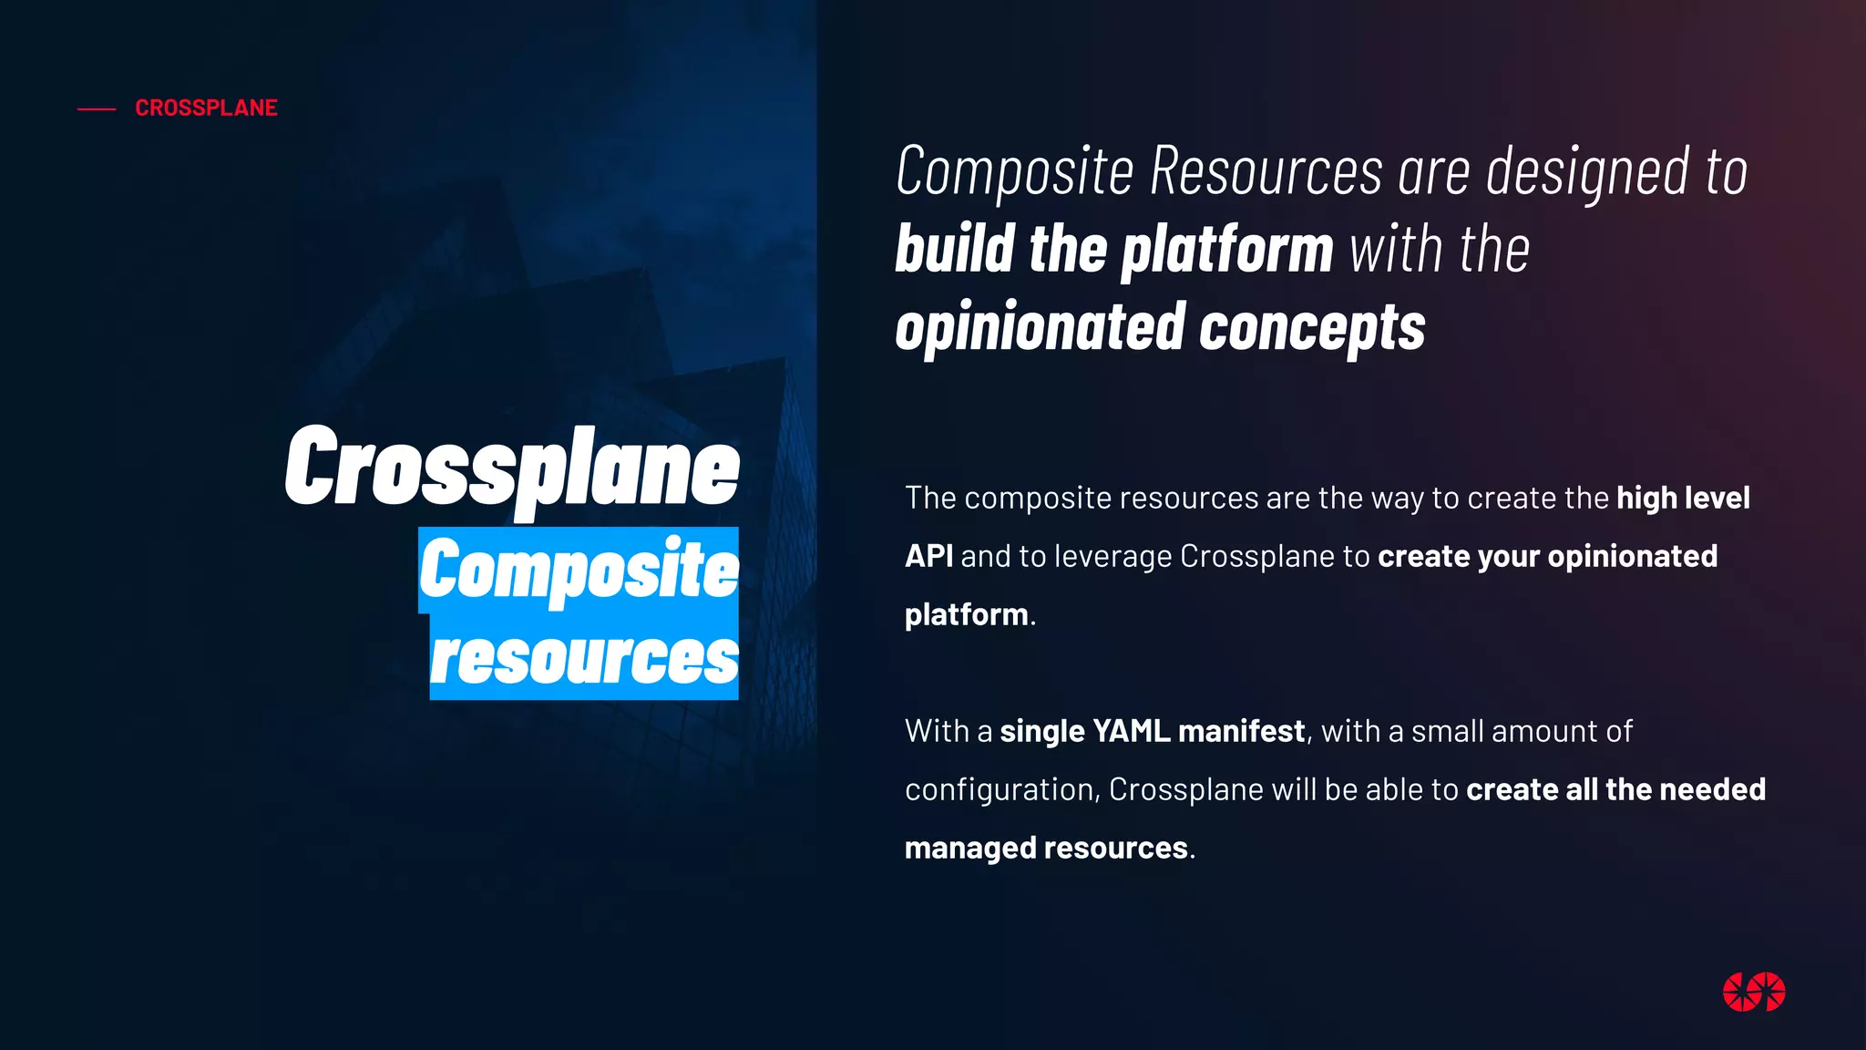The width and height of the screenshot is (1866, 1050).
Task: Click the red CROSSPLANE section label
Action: pos(206,108)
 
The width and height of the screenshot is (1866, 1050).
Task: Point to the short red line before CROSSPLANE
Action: pos(97,109)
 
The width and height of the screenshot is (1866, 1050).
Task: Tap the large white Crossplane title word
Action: pos(512,468)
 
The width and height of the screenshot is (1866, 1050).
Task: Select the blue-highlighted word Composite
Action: pos(579,570)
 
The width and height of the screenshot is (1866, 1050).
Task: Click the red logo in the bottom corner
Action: pos(1753,992)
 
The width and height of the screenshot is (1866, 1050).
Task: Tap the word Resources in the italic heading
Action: pos(1266,171)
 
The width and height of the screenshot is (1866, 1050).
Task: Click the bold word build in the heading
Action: pos(955,250)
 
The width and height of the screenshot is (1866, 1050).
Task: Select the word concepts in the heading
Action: pos(1312,328)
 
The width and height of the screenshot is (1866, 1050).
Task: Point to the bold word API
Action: pos(928,556)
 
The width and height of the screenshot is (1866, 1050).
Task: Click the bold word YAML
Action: pos(1131,731)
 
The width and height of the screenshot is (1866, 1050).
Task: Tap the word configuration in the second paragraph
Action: pos(1001,789)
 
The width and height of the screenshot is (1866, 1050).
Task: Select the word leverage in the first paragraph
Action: pos(1112,556)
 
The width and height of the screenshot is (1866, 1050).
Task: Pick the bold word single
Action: pos(1042,731)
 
